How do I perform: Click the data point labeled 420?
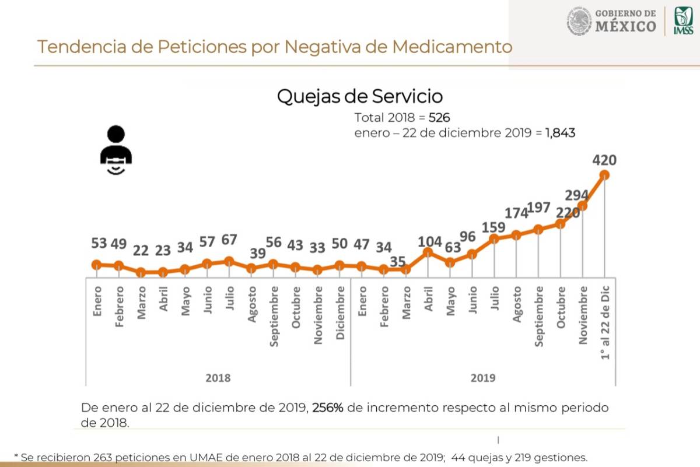pyautogui.click(x=605, y=174)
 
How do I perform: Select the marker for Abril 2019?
pyautogui.click(x=428, y=252)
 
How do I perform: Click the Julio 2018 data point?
pyautogui.click(x=229, y=262)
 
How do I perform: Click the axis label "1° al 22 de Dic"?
pyautogui.click(x=606, y=323)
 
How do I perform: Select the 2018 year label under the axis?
pyautogui.click(x=218, y=378)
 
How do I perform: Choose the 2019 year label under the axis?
pyautogui.click(x=482, y=378)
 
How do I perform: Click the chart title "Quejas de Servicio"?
pyautogui.click(x=359, y=96)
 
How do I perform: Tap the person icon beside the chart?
pyautogui.click(x=116, y=150)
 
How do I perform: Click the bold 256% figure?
pyautogui.click(x=329, y=408)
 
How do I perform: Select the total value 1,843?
pyautogui.click(x=561, y=133)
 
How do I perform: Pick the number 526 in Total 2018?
pyautogui.click(x=439, y=117)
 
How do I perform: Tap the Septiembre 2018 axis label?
pyautogui.click(x=274, y=317)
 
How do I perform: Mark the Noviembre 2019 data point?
pyautogui.click(x=582, y=205)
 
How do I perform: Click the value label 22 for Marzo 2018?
pyautogui.click(x=141, y=251)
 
